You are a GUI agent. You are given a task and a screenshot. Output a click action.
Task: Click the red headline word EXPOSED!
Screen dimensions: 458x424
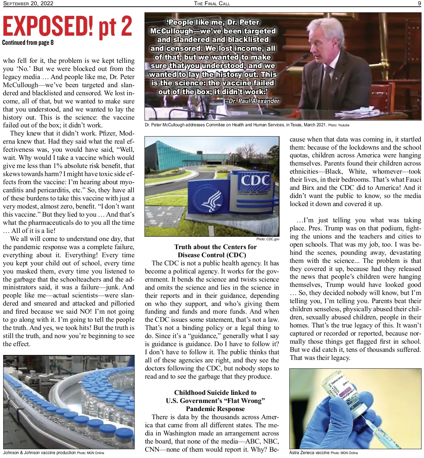pyautogui.click(x=48, y=26)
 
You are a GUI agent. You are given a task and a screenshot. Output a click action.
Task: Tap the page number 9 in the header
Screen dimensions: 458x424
pyautogui.click(x=419, y=4)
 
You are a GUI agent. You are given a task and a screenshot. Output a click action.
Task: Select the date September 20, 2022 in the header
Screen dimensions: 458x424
pyautogui.click(x=28, y=4)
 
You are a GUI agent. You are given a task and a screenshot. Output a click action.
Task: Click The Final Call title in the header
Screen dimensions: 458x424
pyautogui.click(x=212, y=4)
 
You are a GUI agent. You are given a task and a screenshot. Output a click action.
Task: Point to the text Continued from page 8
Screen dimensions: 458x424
pyautogui.click(x=28, y=43)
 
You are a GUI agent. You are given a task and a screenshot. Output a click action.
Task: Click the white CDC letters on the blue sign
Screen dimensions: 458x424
pyautogui.click(x=255, y=180)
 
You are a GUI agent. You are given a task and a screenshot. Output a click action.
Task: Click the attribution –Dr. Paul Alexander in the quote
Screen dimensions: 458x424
pyautogui.click(x=252, y=101)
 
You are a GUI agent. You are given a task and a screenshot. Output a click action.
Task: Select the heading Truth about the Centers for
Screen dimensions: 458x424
pyautogui.click(x=215, y=247)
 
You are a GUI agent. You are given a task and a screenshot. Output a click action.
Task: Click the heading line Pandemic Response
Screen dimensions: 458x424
pyautogui.click(x=215, y=409)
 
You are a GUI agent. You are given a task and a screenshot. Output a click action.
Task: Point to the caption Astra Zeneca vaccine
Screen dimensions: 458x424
pyautogui.click(x=309, y=452)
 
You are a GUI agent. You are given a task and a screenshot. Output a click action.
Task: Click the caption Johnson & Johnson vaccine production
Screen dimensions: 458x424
pyautogui.click(x=40, y=452)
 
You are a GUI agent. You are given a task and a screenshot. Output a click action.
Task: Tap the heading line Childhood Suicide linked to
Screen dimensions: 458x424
pyautogui.click(x=215, y=392)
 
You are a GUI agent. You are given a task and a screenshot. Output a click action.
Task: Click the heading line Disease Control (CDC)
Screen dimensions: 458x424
pyautogui.click(x=212, y=255)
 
